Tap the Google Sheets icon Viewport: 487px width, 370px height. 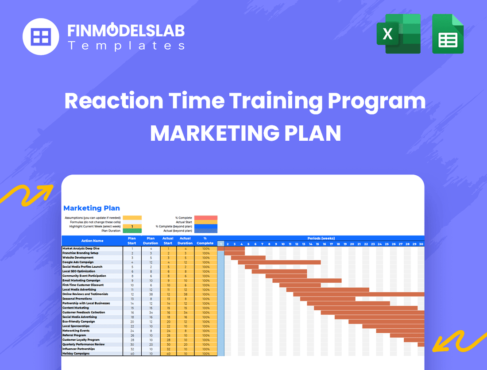coord(448,34)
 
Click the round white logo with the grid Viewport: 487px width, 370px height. coord(41,36)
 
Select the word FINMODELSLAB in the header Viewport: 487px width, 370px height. coord(126,31)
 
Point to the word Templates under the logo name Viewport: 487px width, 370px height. coord(126,46)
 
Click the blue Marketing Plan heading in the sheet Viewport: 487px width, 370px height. coord(92,208)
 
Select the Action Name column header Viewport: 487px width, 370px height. coord(92,241)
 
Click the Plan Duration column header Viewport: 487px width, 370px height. coord(150,241)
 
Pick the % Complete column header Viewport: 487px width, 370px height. coord(205,241)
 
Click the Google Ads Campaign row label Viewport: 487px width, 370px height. coord(78,262)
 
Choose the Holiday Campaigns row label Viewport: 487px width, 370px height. coord(76,354)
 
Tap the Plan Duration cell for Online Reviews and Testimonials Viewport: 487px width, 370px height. coord(151,294)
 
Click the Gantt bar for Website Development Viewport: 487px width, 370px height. coord(248,258)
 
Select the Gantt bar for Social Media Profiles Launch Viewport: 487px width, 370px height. coord(251,267)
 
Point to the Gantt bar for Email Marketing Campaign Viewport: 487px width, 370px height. coord(307,281)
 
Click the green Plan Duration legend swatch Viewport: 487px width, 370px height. coord(132,231)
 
